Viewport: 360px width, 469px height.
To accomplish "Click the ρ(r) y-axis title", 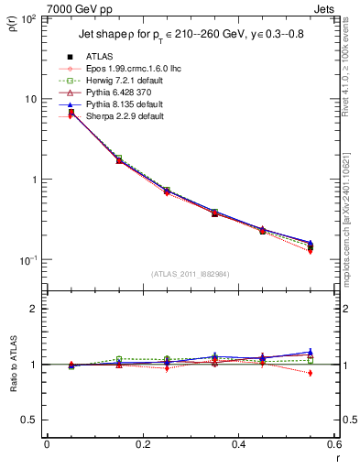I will [x=11, y=23].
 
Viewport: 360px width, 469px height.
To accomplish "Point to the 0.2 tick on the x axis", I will [x=142, y=444].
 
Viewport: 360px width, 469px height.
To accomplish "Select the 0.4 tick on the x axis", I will [x=237, y=444].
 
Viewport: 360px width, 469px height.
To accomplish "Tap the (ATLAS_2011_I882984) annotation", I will [x=190, y=273].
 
